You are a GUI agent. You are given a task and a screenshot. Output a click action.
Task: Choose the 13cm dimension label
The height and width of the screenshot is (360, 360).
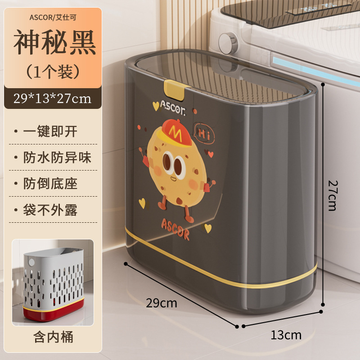286,334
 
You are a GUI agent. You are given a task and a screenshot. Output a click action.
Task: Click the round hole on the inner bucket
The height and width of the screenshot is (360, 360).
31,261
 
